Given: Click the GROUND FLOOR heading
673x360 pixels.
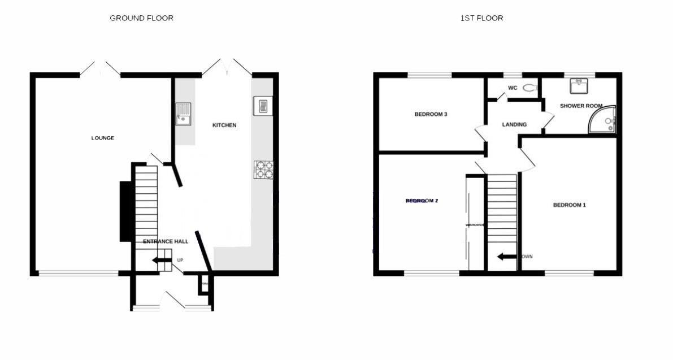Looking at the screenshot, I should pos(141,18).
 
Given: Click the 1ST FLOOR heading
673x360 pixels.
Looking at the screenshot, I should pos(481,18).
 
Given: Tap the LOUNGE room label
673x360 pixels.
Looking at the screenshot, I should pos(103,138).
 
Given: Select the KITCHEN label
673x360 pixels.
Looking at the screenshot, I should pos(224,125).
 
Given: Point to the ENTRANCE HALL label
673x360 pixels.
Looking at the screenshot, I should pos(166,241).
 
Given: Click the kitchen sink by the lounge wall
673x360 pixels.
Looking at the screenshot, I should pos(183,114).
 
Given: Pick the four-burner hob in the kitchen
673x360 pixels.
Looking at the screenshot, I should pos(264,170).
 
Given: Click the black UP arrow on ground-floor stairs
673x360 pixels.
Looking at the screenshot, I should pos(163,261).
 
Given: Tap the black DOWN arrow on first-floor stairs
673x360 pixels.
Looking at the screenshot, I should pos(507,257).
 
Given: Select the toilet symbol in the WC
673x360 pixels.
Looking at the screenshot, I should pos(529,88).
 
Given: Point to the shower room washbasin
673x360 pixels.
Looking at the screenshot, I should pos(579,85).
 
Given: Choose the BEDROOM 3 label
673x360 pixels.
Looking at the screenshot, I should pos(431,114).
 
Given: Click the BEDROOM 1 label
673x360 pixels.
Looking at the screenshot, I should pos(569,205).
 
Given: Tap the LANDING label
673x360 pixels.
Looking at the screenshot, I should pos(514,124).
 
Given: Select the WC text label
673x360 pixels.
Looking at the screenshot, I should pos(513,88).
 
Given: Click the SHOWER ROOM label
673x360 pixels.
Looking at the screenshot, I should pos(580,106).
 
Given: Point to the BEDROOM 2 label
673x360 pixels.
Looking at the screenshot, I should pos(422,201).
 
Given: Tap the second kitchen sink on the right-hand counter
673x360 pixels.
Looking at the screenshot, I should pos(262,106).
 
